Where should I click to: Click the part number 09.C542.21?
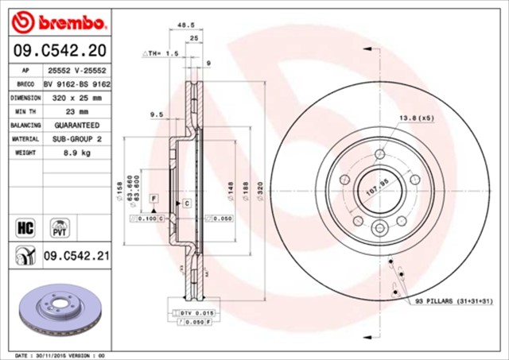(76, 256)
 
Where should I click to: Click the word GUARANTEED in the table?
(76, 126)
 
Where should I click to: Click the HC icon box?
(24, 227)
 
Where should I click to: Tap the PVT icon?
(59, 227)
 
